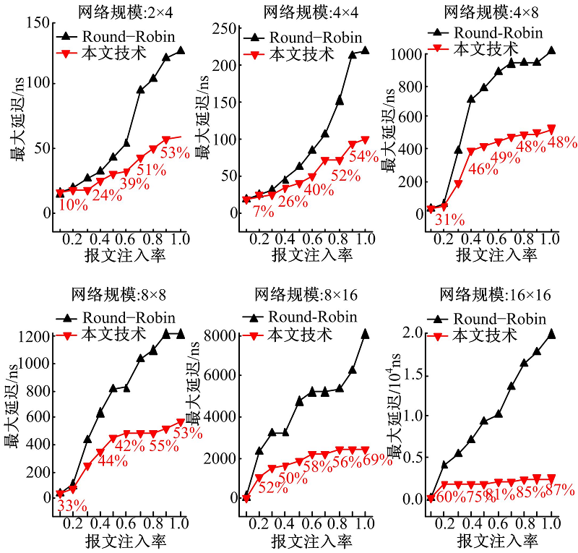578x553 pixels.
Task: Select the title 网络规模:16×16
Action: (x=491, y=296)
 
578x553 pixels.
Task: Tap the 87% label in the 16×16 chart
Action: (x=560, y=491)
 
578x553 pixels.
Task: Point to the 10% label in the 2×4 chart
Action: (x=73, y=205)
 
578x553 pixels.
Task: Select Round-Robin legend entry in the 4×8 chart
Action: (x=486, y=33)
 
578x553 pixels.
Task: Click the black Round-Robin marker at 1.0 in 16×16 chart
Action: (x=551, y=334)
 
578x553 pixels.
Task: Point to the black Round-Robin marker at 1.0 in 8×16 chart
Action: (x=365, y=334)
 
